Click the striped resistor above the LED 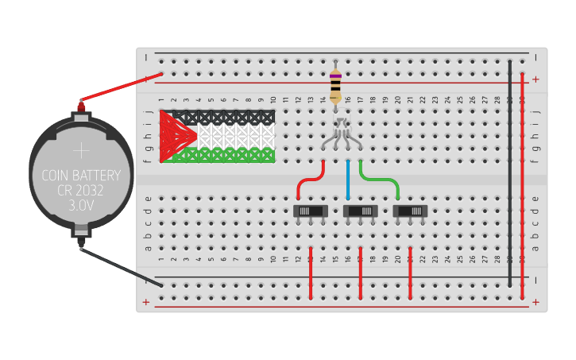point(335,83)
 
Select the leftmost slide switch point(311,211)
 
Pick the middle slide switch point(360,211)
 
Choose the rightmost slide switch point(410,211)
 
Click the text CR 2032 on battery point(81,190)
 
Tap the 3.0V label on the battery point(81,205)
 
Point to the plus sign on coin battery point(81,150)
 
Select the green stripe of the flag point(230,154)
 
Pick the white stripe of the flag point(234,136)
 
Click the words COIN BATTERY point(81,175)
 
